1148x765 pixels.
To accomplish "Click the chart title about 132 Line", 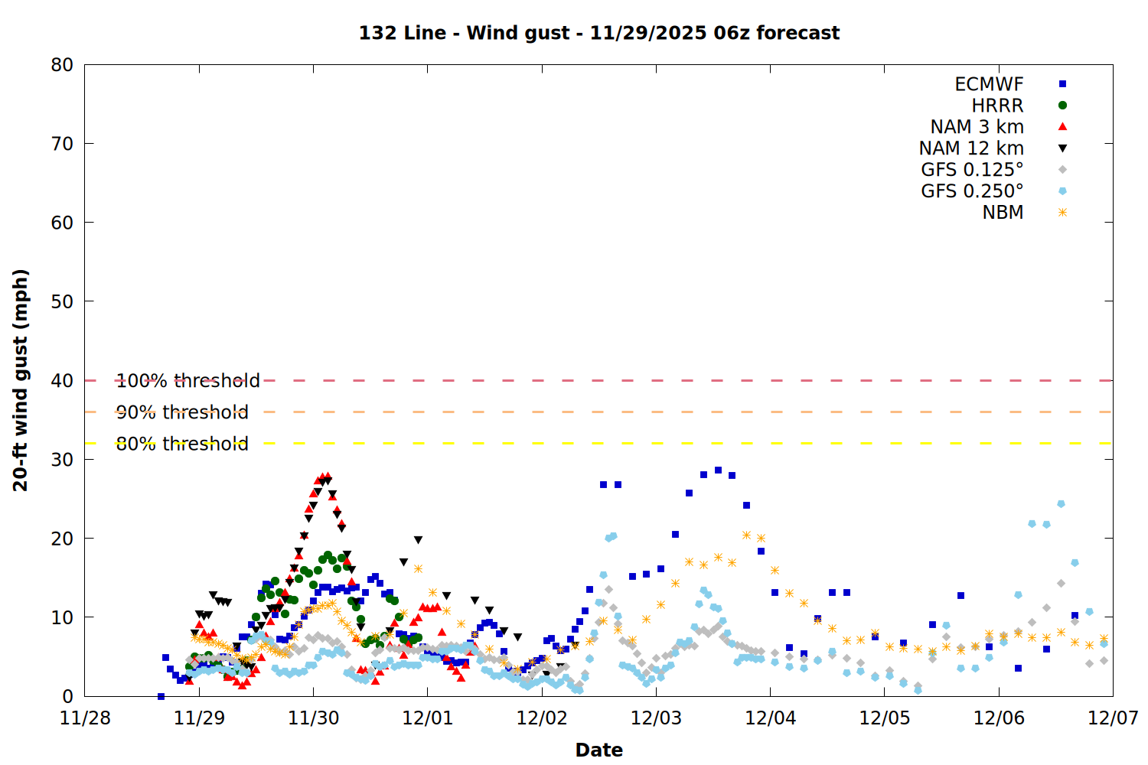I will (x=599, y=33).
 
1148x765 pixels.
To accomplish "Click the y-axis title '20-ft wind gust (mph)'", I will (x=21, y=380).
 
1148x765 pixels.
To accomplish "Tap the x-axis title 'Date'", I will (x=598, y=750).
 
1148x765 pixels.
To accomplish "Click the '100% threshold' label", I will (x=188, y=381).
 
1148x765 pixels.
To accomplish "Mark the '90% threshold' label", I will (x=182, y=412).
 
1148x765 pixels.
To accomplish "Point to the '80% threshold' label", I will (x=182, y=444).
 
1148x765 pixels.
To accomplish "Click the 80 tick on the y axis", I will (x=62, y=65).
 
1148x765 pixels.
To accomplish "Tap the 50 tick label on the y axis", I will (x=62, y=301).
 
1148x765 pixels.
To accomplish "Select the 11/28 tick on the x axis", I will (x=85, y=718).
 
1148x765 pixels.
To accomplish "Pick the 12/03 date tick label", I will (x=656, y=718).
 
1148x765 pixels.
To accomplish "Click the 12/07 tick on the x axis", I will (x=1113, y=718).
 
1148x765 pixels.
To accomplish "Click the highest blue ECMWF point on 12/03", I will (x=718, y=470).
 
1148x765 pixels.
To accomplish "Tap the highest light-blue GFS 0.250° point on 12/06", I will (x=1061, y=504).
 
